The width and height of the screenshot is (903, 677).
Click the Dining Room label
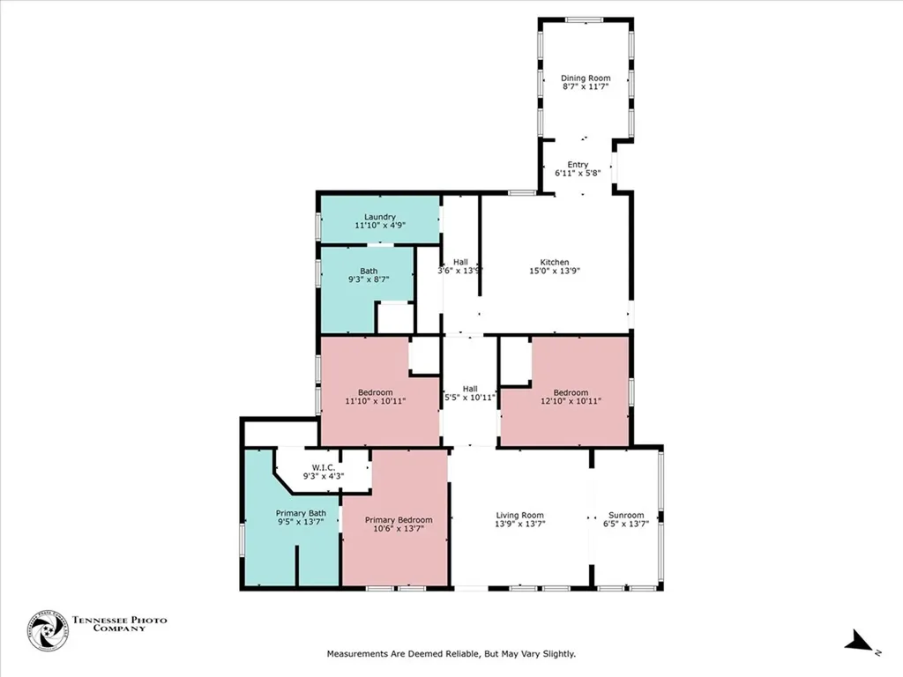click(x=586, y=78)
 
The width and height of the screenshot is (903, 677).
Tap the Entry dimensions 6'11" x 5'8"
click(x=578, y=175)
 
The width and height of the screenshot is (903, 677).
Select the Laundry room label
click(x=379, y=217)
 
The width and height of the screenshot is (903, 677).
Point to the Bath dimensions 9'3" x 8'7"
click(x=368, y=279)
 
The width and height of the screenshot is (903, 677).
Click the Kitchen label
click(x=555, y=262)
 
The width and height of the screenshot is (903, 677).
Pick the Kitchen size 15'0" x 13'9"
click(x=555, y=272)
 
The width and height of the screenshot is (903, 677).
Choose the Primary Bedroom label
click(x=399, y=520)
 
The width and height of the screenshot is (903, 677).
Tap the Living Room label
click(x=519, y=515)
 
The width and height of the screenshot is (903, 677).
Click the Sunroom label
click(x=626, y=515)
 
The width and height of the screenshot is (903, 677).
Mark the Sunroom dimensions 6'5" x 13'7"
click(x=626, y=524)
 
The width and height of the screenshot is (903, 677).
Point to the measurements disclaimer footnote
click(x=451, y=654)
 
